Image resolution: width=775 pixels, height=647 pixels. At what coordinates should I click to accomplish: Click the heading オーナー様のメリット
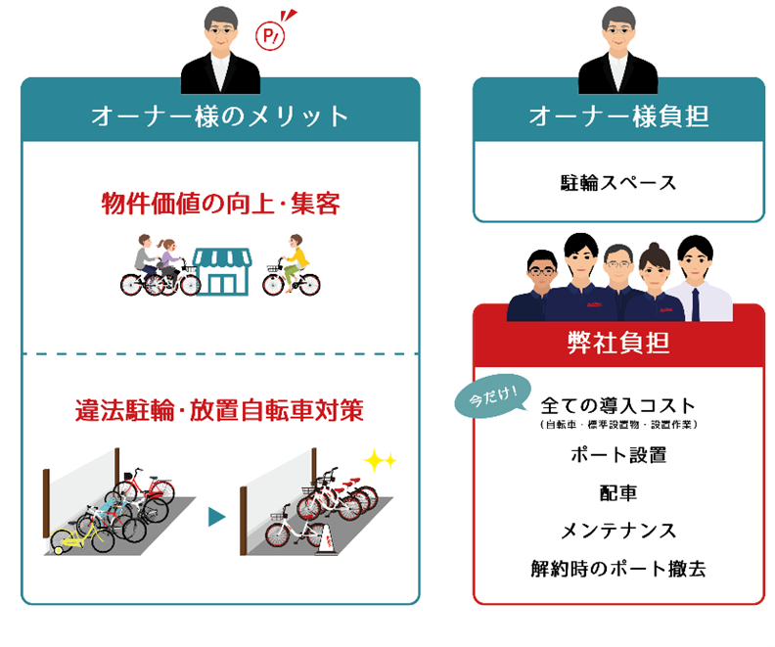coord(220,116)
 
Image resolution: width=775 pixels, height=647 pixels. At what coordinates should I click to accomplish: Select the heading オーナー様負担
coord(618,116)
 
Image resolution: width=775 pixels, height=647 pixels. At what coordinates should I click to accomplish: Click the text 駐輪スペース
coord(618,182)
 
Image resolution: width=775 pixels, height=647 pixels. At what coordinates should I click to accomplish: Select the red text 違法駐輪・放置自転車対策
coord(220,410)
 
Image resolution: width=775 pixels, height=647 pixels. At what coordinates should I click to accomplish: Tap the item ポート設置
coord(618,455)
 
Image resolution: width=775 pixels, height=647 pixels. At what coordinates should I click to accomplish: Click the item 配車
coord(618,492)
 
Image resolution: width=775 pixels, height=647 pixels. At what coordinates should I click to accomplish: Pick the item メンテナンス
coord(618,531)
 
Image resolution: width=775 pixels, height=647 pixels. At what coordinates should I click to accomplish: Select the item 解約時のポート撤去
coord(618,568)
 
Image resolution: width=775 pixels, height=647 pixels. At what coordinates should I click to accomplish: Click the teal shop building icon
coord(222,270)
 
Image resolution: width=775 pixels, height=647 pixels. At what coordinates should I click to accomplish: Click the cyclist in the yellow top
coord(294,262)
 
